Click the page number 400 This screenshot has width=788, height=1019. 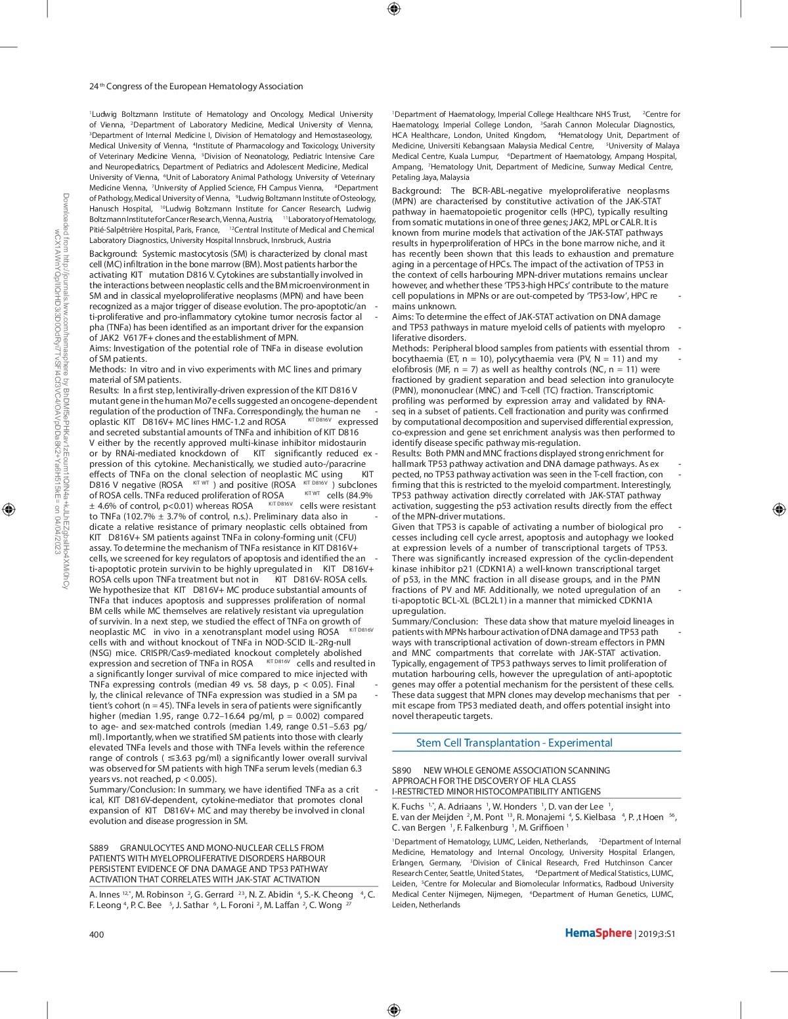tap(97, 934)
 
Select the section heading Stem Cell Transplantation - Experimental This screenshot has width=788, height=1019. tap(514, 743)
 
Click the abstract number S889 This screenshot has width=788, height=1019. tap(99, 848)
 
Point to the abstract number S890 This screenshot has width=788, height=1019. tap(402, 770)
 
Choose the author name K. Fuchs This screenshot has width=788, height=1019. tap(408, 806)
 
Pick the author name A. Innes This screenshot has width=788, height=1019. tap(104, 894)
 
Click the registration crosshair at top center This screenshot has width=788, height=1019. tap(393, 9)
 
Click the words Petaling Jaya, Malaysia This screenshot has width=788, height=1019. tap(430, 177)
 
